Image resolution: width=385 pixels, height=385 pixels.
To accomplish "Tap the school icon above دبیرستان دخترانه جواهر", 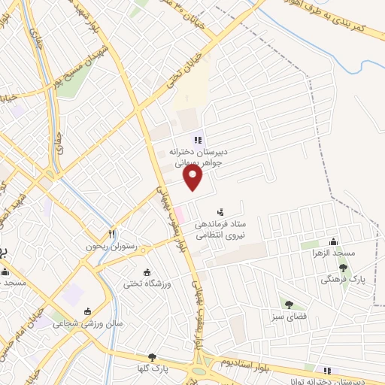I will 198,139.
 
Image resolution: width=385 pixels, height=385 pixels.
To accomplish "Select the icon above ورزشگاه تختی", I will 147,271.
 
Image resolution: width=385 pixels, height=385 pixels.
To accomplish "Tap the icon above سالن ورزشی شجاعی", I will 87,311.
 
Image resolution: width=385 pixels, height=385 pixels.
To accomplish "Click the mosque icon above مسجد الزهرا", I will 332,241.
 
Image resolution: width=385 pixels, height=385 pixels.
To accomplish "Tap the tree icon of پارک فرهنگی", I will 343,267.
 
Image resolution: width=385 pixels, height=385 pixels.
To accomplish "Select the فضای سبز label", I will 289,317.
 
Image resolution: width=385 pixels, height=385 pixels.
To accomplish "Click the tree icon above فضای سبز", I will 288,304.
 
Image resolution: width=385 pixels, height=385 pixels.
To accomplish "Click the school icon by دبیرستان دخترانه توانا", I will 326,370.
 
